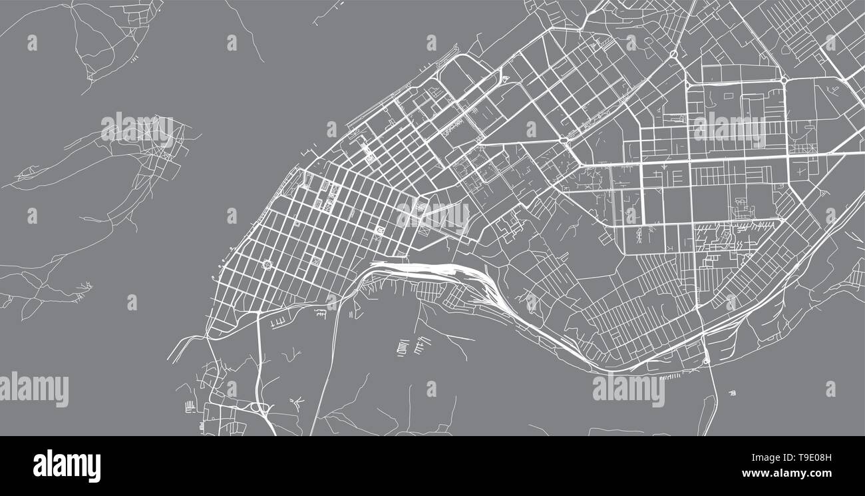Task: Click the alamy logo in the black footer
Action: tap(67, 466)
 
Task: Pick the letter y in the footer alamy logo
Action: tap(94, 469)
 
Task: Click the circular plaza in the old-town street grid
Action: tap(267, 265)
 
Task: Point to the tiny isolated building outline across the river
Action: tap(733, 393)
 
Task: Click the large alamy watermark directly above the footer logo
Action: tap(34, 390)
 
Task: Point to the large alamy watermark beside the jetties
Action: tap(628, 390)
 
